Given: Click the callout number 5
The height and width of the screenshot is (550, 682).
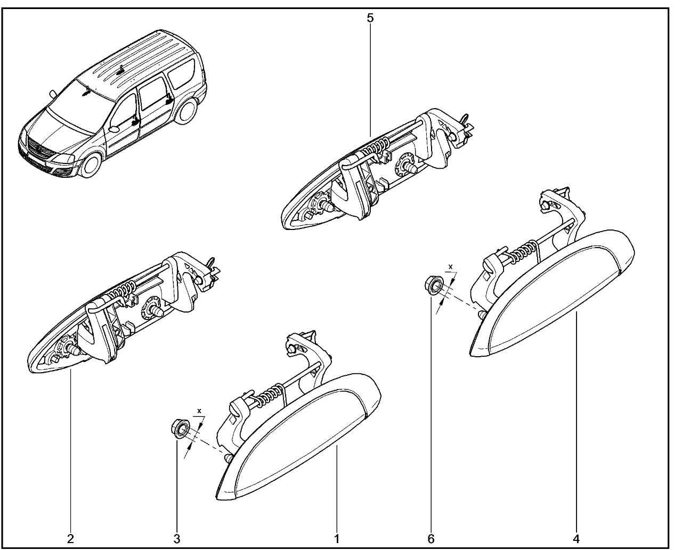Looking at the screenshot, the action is click(x=370, y=18).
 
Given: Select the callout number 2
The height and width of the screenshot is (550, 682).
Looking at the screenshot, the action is click(x=70, y=539).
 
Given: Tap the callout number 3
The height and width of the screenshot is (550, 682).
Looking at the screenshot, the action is click(x=177, y=539).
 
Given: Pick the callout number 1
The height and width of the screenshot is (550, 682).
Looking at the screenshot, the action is click(x=337, y=539).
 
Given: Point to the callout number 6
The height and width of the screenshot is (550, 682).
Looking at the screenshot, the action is click(x=431, y=539).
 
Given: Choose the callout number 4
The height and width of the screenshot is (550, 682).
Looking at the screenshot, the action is click(x=576, y=539).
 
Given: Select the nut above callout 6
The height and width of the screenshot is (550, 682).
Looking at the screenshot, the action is click(x=434, y=286).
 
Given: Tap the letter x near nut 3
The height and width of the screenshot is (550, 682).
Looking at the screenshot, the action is click(x=199, y=411).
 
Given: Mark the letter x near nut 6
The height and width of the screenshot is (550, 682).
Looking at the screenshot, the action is click(x=451, y=266).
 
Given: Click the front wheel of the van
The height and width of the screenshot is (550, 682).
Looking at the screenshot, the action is click(x=91, y=166).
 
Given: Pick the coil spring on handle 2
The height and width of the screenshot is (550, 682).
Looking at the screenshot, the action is click(x=121, y=289).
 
